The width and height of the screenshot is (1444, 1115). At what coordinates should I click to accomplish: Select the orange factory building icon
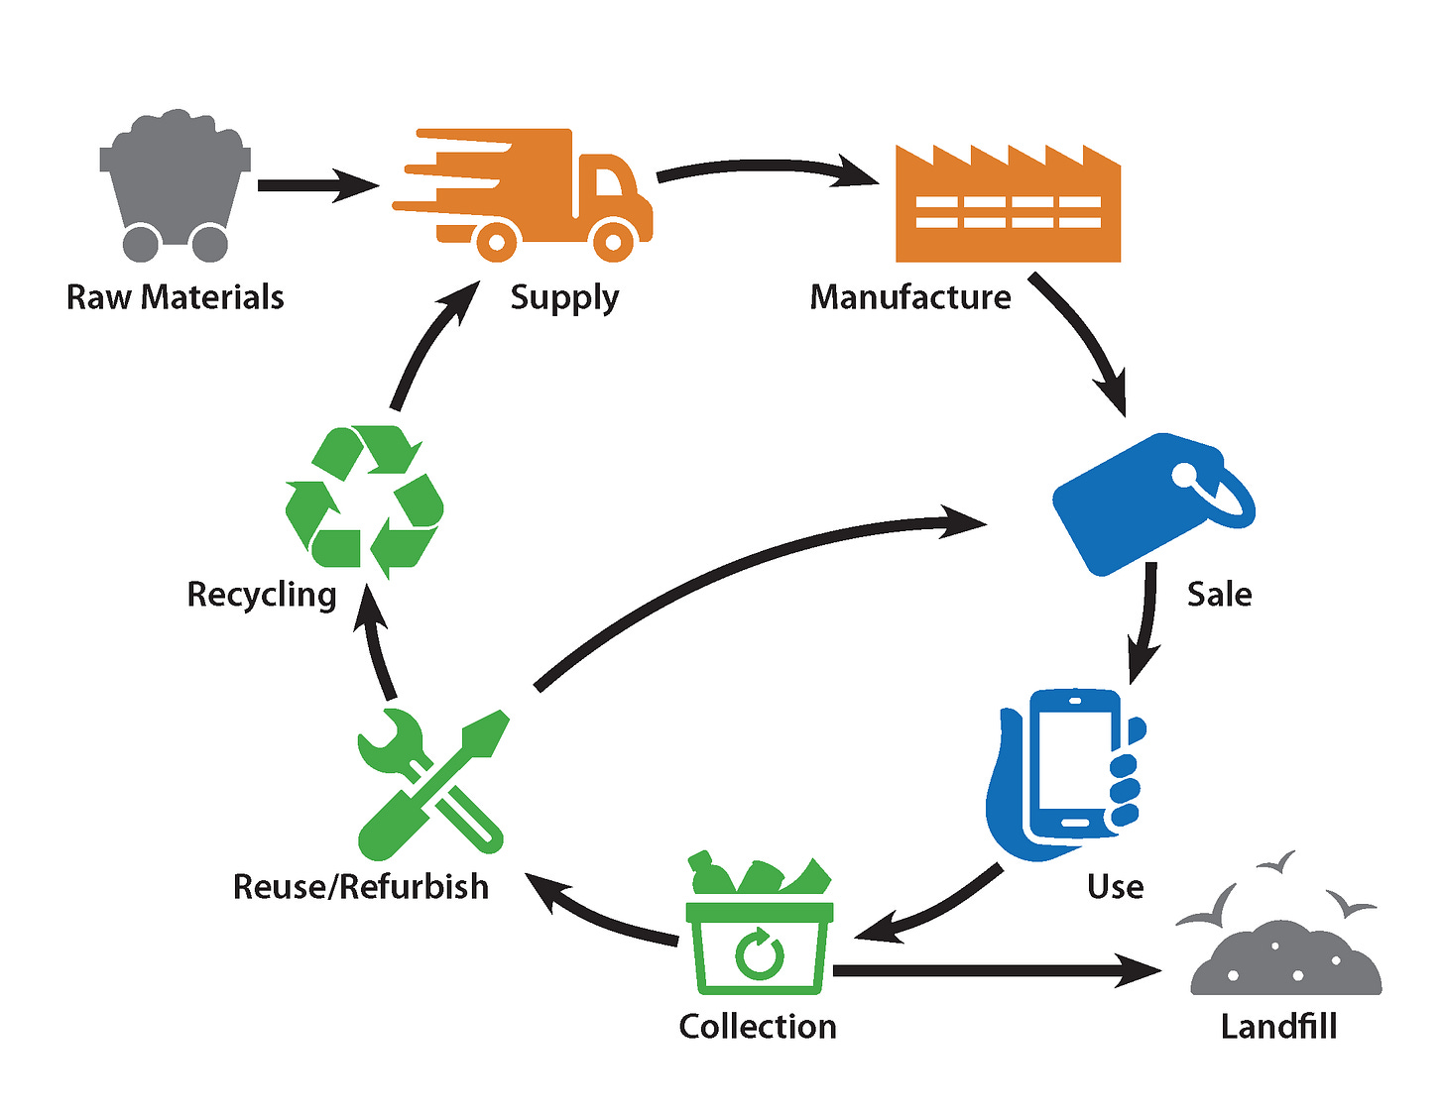[x=1008, y=208]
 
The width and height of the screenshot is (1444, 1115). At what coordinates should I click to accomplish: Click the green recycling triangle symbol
[x=364, y=502]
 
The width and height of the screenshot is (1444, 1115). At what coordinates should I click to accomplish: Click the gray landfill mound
[x=1285, y=961]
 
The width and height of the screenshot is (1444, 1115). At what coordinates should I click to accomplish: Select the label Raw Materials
[x=175, y=297]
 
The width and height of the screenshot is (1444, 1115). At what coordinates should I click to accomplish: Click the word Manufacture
[x=910, y=297]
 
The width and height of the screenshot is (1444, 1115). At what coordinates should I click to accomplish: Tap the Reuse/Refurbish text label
[x=361, y=886]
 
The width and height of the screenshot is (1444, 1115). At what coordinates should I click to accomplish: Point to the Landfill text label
[x=1278, y=1027]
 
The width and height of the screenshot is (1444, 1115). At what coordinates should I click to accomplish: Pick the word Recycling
[x=262, y=595]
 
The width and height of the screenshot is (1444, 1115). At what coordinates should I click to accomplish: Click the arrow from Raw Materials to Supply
[x=317, y=185]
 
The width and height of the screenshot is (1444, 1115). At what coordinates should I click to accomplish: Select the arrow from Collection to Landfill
[x=992, y=970]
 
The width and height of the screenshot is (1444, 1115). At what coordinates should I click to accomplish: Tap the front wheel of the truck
[x=613, y=241]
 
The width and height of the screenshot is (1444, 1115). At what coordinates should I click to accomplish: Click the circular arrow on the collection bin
[x=761, y=953]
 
